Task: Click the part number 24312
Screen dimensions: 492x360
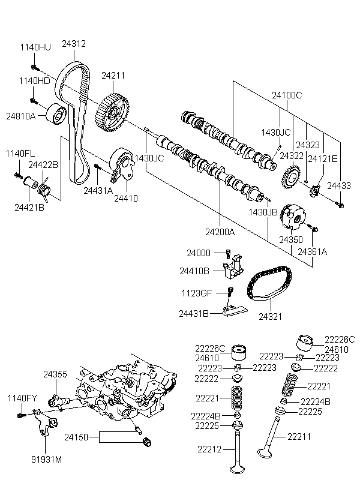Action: pyautogui.click(x=73, y=44)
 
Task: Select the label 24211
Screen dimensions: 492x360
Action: pyautogui.click(x=113, y=76)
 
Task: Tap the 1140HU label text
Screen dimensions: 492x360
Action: pyautogui.click(x=35, y=47)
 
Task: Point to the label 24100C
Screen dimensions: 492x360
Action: pyautogui.click(x=287, y=95)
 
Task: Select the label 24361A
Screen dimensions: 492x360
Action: pyautogui.click(x=312, y=251)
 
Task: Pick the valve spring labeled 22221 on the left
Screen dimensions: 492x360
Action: pyautogui.click(x=238, y=398)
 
